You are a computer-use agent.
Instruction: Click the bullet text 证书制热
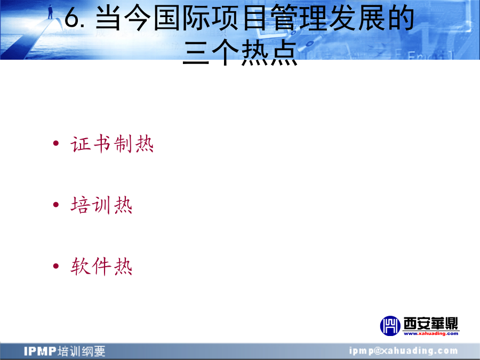click(112, 143)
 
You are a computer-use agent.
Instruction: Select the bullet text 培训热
click(101, 205)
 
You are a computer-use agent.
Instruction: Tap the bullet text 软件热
click(101, 266)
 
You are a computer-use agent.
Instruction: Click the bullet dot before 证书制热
click(55, 143)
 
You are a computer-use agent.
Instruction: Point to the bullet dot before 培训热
click(55, 204)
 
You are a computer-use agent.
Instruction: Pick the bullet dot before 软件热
click(55, 266)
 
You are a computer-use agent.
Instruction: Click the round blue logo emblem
click(390, 326)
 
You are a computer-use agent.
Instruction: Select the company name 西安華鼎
click(431, 323)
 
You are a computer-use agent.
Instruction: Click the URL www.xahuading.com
click(431, 333)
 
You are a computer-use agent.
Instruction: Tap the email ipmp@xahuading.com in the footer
click(404, 350)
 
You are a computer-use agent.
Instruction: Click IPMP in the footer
click(40, 351)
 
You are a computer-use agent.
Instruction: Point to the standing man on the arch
click(50, 12)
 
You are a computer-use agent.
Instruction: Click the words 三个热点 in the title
click(241, 53)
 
